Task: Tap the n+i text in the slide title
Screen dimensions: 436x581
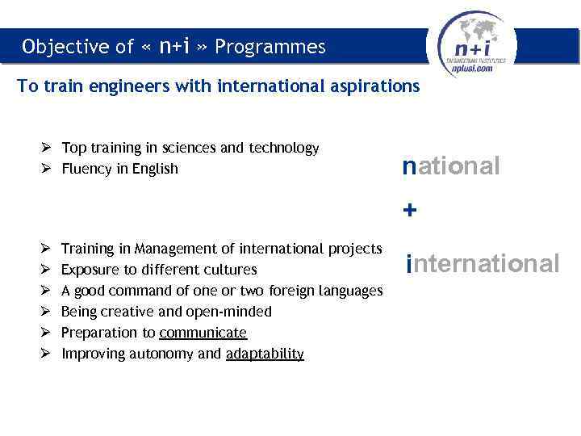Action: (x=173, y=46)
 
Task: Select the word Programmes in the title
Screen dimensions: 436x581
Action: (x=270, y=47)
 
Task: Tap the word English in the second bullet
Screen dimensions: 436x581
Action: (x=157, y=169)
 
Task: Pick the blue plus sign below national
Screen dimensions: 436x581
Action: (x=410, y=211)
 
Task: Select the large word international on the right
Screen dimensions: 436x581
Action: (x=483, y=263)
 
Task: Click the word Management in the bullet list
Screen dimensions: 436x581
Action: (x=176, y=249)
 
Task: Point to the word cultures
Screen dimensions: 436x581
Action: (x=229, y=270)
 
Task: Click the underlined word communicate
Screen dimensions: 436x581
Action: (x=203, y=333)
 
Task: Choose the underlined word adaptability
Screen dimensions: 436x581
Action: (x=265, y=354)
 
